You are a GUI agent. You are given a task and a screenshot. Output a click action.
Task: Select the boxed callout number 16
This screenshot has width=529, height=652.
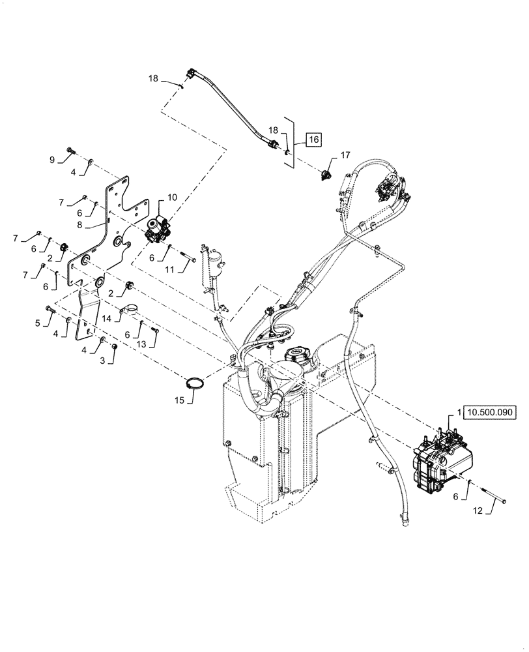click(x=314, y=140)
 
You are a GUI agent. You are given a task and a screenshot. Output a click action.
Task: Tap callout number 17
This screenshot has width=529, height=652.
click(x=346, y=155)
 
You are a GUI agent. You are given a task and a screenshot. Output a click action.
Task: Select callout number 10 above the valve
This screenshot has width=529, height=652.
click(x=172, y=196)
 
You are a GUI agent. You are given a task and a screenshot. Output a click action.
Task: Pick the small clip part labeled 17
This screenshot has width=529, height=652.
click(x=325, y=175)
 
